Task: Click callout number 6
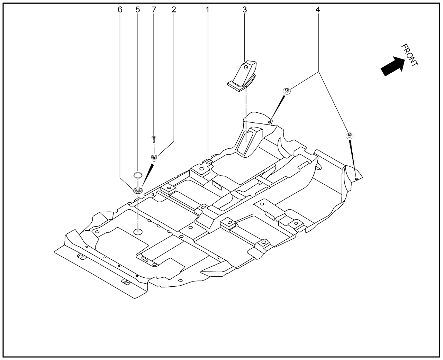[120, 10]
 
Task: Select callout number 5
[138, 10]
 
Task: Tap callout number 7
[154, 10]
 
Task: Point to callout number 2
[174, 10]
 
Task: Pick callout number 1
[208, 10]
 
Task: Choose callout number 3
[245, 10]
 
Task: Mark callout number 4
[318, 10]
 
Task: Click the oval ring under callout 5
[138, 175]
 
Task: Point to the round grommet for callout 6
[138, 190]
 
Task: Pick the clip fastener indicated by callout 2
[154, 158]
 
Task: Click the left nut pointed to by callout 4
[287, 91]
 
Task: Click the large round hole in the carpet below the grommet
[138, 231]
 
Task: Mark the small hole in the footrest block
[246, 68]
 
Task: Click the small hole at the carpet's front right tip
[356, 179]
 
